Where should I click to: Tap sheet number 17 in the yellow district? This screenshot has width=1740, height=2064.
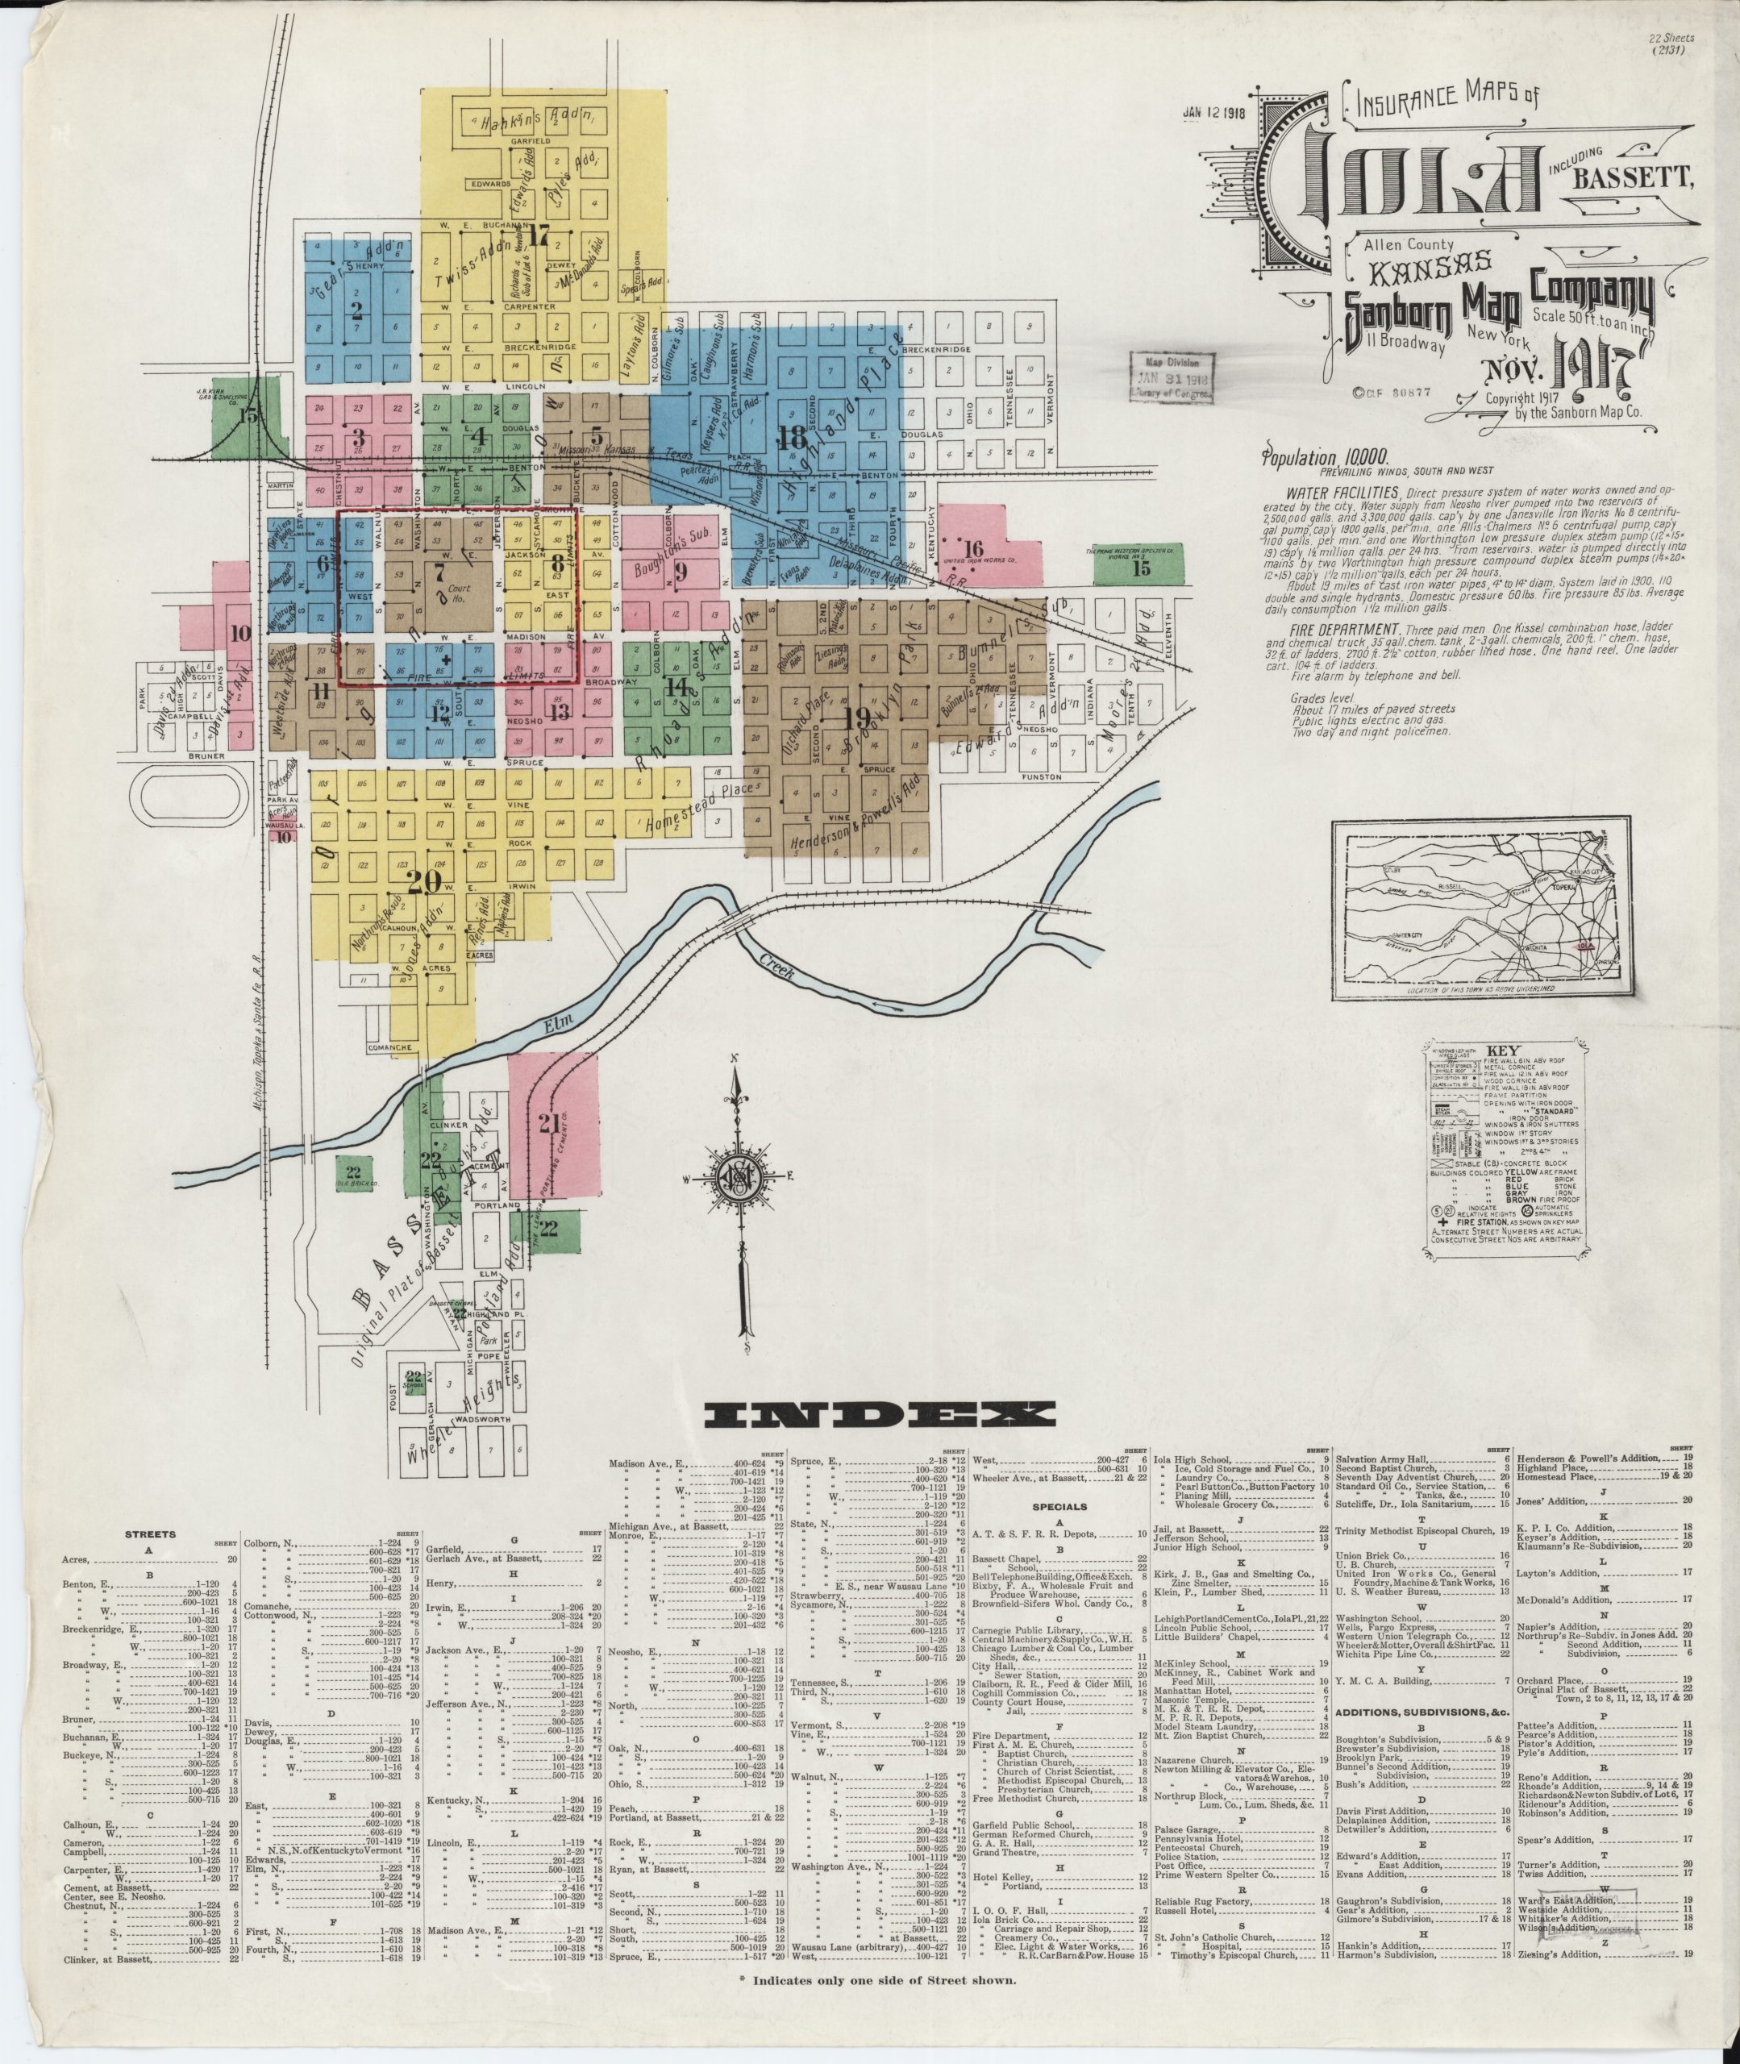538,235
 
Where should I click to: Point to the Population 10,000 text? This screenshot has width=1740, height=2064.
1325,458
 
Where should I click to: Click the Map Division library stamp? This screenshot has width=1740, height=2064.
1172,376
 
